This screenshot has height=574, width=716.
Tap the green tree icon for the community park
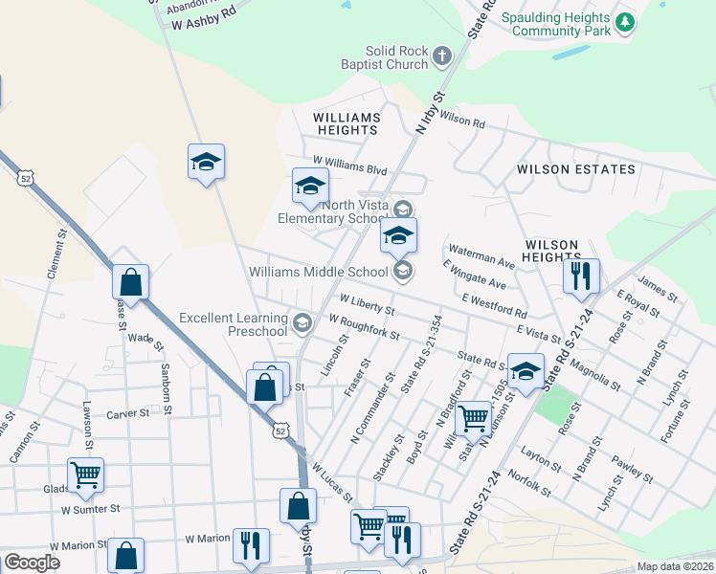click(x=624, y=21)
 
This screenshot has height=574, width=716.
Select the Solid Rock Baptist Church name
click(x=394, y=57)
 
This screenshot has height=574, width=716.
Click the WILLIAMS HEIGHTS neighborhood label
click(x=347, y=123)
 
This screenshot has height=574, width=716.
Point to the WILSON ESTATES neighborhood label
click(x=575, y=169)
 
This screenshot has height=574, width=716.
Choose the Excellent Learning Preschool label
click(x=234, y=324)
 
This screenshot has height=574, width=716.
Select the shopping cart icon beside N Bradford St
click(x=473, y=418)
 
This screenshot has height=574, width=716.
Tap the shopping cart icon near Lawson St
click(x=85, y=474)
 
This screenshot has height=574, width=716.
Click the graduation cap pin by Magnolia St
click(x=526, y=372)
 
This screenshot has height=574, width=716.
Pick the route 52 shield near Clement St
click(x=26, y=178)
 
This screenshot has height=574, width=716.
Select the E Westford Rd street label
click(x=493, y=306)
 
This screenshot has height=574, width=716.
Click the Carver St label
click(x=128, y=413)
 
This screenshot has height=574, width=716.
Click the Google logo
click(x=32, y=562)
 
